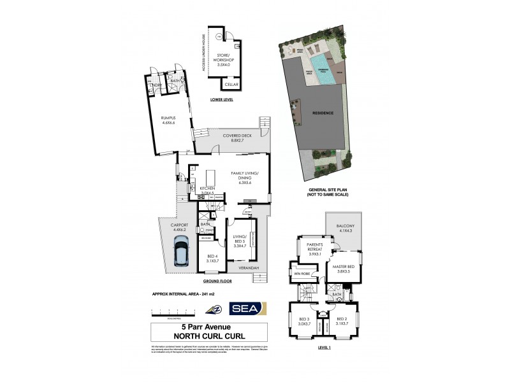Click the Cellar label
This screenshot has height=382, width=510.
(x=231, y=84)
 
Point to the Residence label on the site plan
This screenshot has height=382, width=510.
(x=322, y=113)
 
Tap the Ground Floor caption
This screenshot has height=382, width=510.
(x=217, y=281)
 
